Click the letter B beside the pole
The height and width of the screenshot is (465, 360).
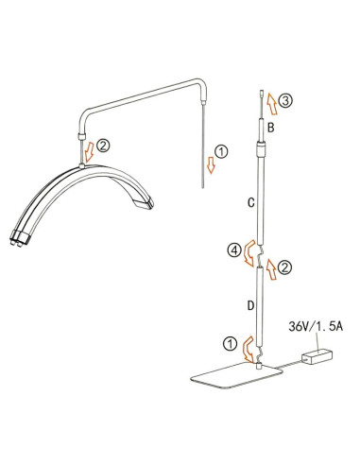click(x=270, y=128)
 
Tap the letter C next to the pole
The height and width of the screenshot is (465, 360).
click(x=250, y=202)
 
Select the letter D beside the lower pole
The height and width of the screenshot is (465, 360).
click(x=250, y=305)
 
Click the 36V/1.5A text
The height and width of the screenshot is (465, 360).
click(x=316, y=326)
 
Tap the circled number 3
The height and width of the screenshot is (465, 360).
click(x=286, y=101)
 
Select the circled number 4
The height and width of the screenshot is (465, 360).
click(x=234, y=250)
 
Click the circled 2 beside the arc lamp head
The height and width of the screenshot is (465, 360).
click(x=103, y=146)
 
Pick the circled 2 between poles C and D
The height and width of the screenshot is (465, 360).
click(x=285, y=267)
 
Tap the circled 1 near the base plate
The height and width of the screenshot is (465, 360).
click(x=231, y=343)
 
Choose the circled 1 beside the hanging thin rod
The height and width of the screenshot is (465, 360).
click(x=221, y=151)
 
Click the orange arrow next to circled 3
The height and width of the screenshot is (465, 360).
click(x=271, y=103)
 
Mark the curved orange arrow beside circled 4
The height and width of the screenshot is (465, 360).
click(x=249, y=252)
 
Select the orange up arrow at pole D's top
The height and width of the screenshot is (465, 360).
click(x=271, y=268)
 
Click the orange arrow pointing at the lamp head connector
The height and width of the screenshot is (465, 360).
click(x=90, y=151)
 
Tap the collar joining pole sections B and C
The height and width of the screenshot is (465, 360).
click(x=261, y=148)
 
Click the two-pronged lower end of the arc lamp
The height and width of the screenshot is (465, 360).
click(x=19, y=237)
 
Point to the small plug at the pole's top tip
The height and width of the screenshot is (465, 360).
click(x=262, y=94)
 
